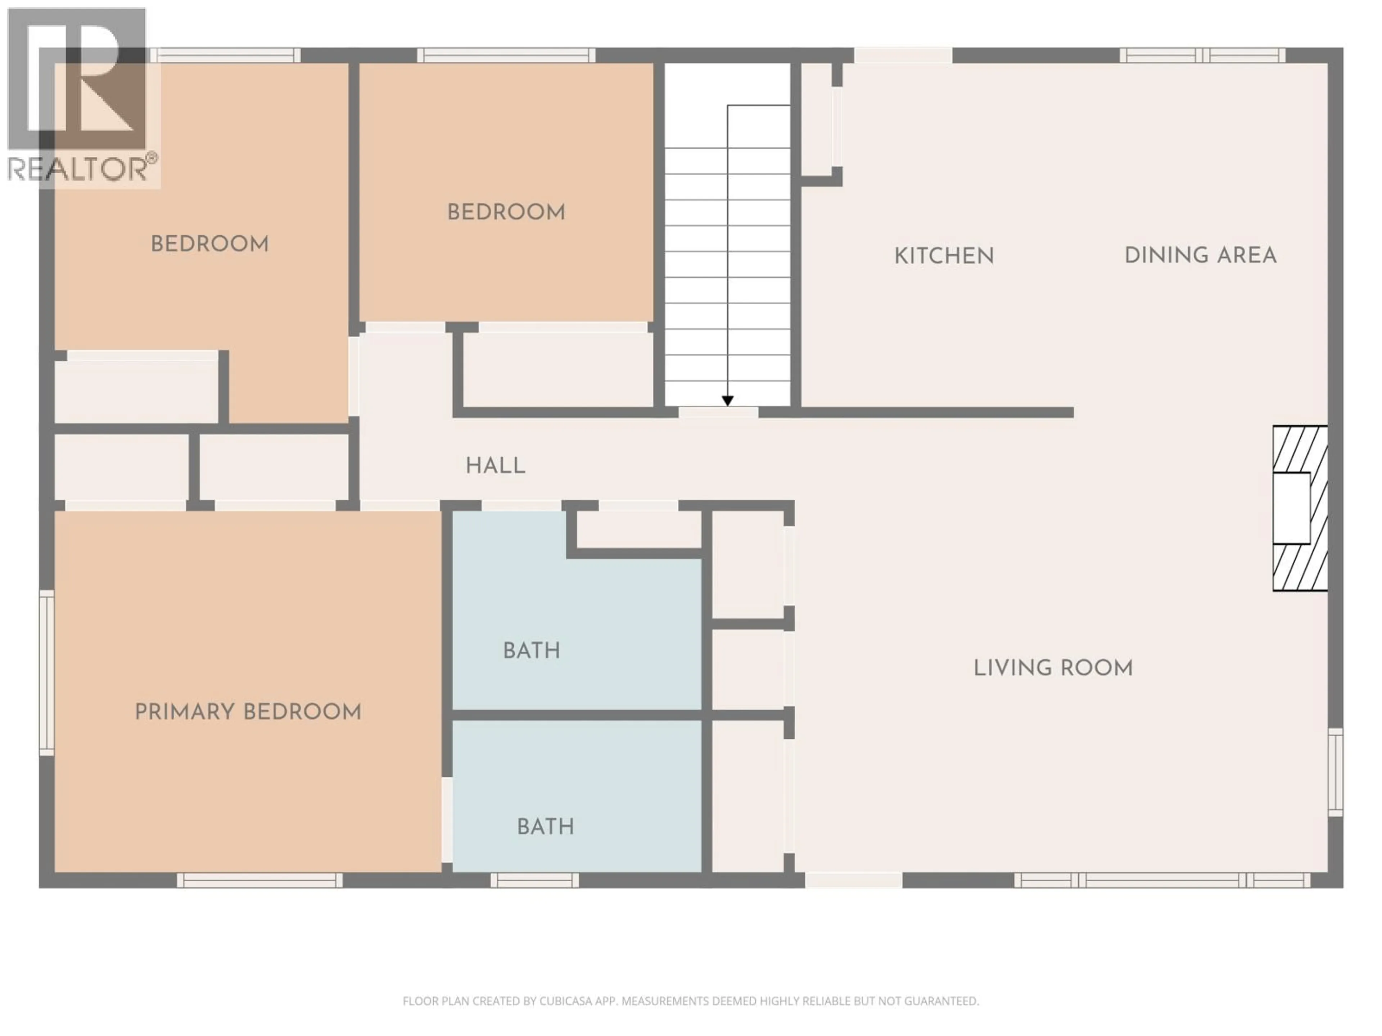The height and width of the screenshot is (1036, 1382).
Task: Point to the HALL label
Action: pyautogui.click(x=496, y=466)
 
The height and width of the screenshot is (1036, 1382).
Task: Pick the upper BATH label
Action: pyautogui.click(x=532, y=651)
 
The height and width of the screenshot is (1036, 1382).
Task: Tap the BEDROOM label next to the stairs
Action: pyautogui.click(x=506, y=212)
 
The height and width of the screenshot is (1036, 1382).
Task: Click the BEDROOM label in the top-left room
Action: pyautogui.click(x=210, y=244)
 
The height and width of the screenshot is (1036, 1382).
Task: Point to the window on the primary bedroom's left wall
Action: pyautogui.click(x=47, y=673)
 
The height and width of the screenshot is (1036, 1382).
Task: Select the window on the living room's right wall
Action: pyautogui.click(x=1335, y=772)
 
